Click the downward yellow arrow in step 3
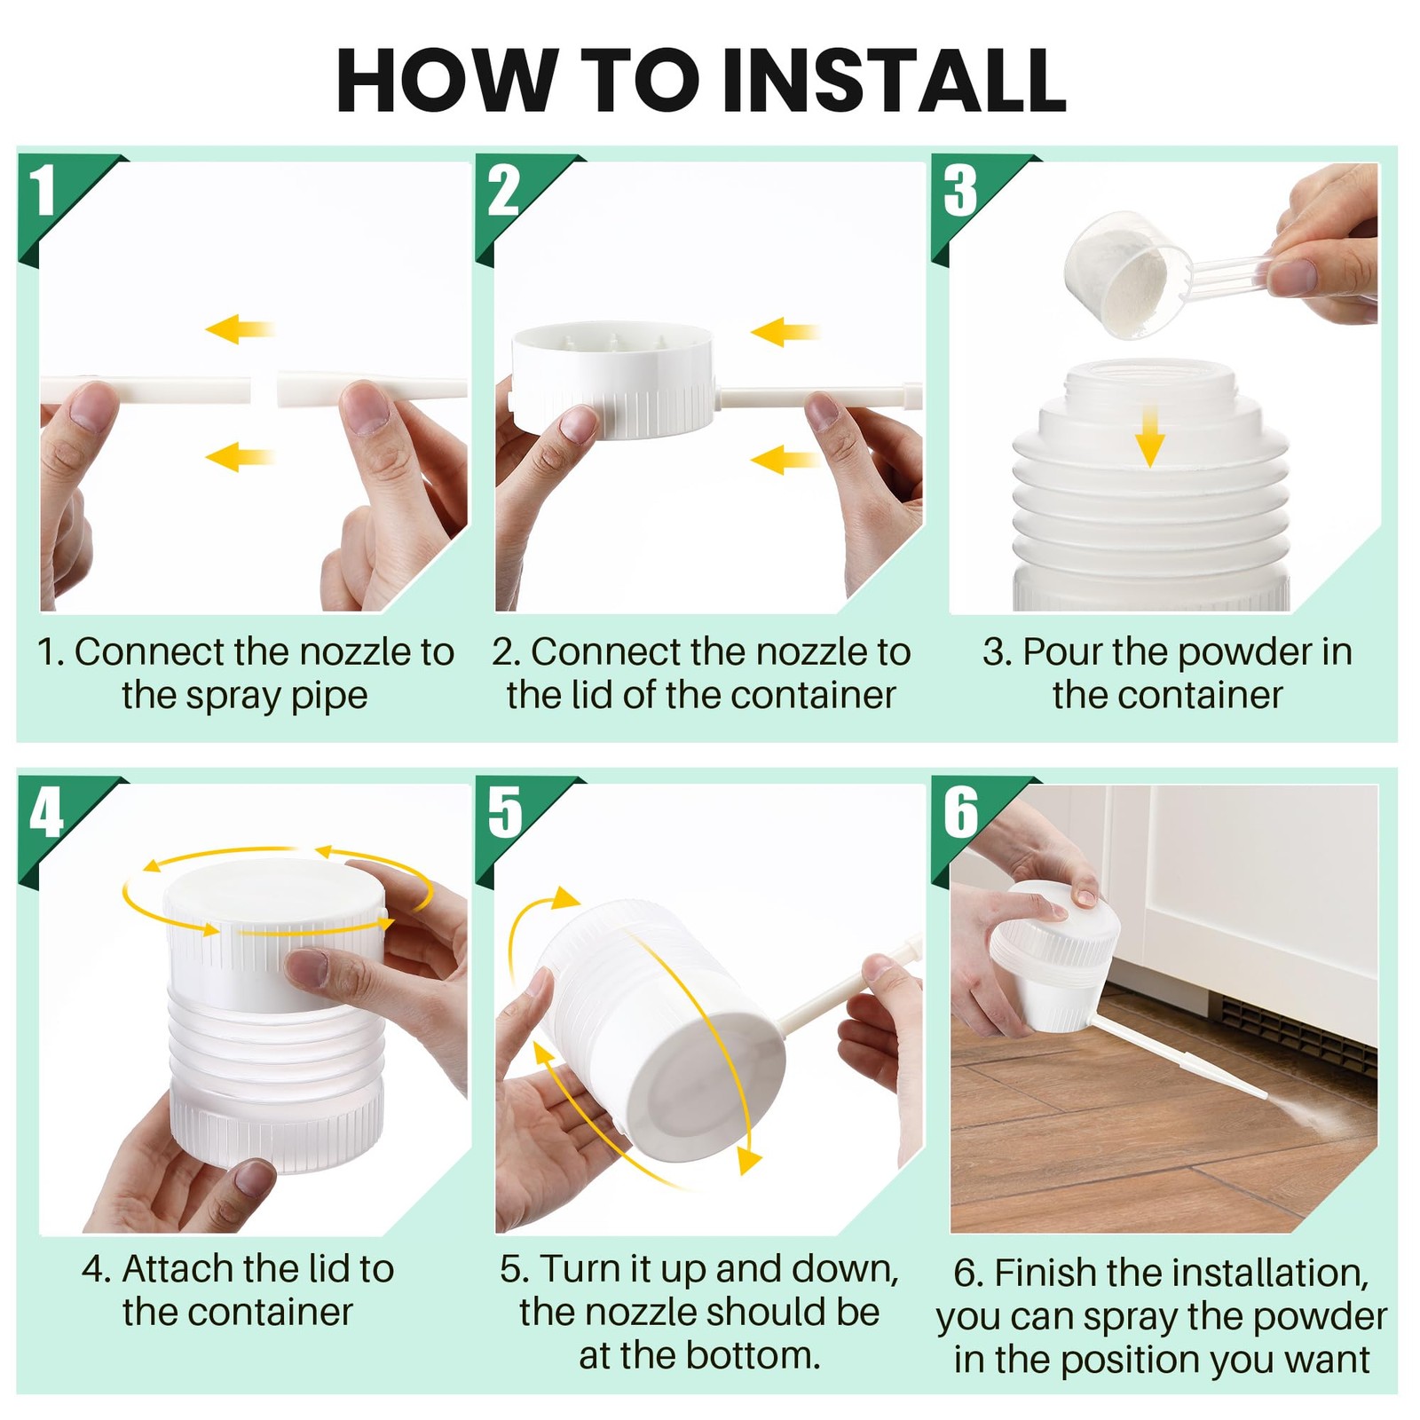(1150, 435)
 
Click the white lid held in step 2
(613, 378)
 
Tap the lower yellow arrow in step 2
(785, 459)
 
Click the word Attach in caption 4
(183, 1269)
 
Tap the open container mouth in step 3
(1150, 377)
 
